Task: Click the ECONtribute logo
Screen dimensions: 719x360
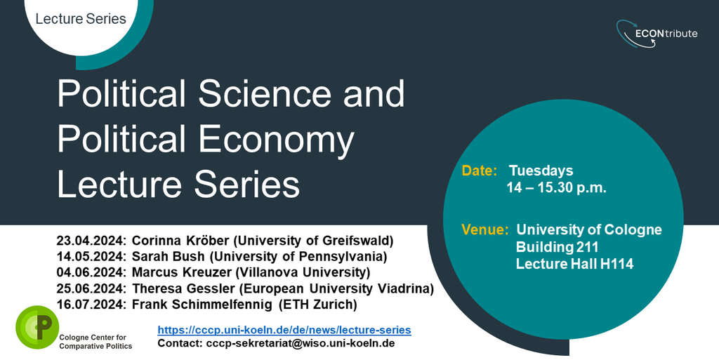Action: (657, 34)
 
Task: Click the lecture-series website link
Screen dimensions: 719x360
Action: (284, 330)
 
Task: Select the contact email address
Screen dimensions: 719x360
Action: (301, 343)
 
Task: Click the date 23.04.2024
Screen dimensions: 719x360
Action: (91, 241)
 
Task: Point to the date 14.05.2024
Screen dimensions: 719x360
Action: (91, 256)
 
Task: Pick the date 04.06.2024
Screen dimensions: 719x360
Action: (91, 272)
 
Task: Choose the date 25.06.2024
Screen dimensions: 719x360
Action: (91, 288)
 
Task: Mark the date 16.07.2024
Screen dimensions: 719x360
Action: (91, 305)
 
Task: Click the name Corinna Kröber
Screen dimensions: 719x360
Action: (182, 241)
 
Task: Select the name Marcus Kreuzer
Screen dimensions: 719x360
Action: (182, 272)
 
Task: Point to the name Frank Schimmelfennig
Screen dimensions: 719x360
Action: (202, 305)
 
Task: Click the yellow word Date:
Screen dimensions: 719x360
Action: (480, 171)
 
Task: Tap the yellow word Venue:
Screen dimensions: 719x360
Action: (485, 229)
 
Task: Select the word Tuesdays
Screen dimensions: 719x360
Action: (541, 171)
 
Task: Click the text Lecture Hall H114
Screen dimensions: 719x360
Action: (574, 264)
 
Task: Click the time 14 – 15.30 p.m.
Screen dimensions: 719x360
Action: (557, 188)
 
